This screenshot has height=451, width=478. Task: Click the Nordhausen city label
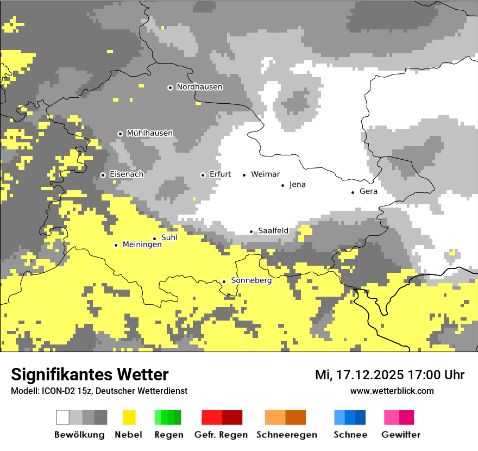click(199, 87)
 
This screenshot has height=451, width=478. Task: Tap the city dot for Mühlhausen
click(120, 134)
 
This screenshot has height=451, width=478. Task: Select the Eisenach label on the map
click(127, 174)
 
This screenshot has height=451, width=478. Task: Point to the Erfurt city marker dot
click(203, 175)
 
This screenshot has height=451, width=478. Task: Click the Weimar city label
click(265, 174)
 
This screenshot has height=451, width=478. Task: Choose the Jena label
click(297, 185)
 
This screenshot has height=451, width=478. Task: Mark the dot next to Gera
click(353, 192)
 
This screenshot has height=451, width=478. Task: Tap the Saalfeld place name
click(273, 231)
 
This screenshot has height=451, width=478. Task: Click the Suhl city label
click(169, 237)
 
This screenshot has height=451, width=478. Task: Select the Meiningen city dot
click(116, 245)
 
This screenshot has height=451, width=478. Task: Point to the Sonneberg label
click(251, 281)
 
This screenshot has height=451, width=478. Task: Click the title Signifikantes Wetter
click(90, 374)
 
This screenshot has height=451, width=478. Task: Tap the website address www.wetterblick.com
click(392, 391)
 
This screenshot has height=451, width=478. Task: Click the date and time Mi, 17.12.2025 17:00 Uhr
click(389, 375)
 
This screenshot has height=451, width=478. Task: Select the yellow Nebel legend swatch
click(129, 417)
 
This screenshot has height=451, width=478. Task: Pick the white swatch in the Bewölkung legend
click(63, 417)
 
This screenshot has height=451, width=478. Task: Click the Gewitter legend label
click(400, 435)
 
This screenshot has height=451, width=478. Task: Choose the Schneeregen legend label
click(286, 435)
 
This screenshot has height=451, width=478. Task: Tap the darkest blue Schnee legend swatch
click(360, 417)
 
